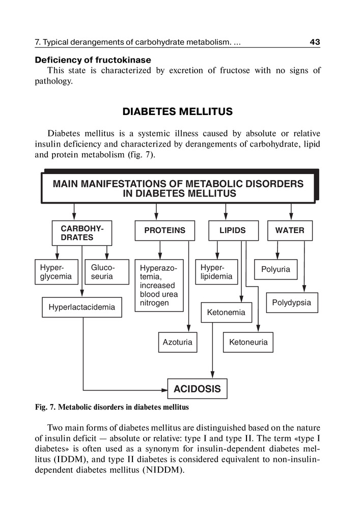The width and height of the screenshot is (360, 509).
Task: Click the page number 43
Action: [x=315, y=42]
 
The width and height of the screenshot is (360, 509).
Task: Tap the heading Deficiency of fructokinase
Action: [x=93, y=60]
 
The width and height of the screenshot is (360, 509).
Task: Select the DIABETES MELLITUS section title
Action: [x=178, y=111]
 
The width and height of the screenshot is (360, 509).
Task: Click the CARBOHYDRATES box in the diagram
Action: [x=82, y=233]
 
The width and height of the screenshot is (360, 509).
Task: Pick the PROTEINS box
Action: [x=165, y=231]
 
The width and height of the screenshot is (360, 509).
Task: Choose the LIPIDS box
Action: [x=232, y=231]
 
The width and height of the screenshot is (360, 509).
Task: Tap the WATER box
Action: [x=290, y=231]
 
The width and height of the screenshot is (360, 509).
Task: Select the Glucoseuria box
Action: [x=102, y=272]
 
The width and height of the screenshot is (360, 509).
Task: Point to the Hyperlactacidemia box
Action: [x=81, y=307]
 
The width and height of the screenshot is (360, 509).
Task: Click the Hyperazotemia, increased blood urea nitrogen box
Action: [x=159, y=285]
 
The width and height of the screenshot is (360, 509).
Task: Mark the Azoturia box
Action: [x=177, y=342]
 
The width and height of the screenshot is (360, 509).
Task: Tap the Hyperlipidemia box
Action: [x=216, y=272]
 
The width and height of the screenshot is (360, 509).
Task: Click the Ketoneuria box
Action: [x=248, y=342]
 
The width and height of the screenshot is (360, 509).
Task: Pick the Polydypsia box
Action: [x=291, y=303]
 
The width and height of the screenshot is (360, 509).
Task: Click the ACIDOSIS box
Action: [x=197, y=389]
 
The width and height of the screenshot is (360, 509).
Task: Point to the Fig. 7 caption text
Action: [x=112, y=407]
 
